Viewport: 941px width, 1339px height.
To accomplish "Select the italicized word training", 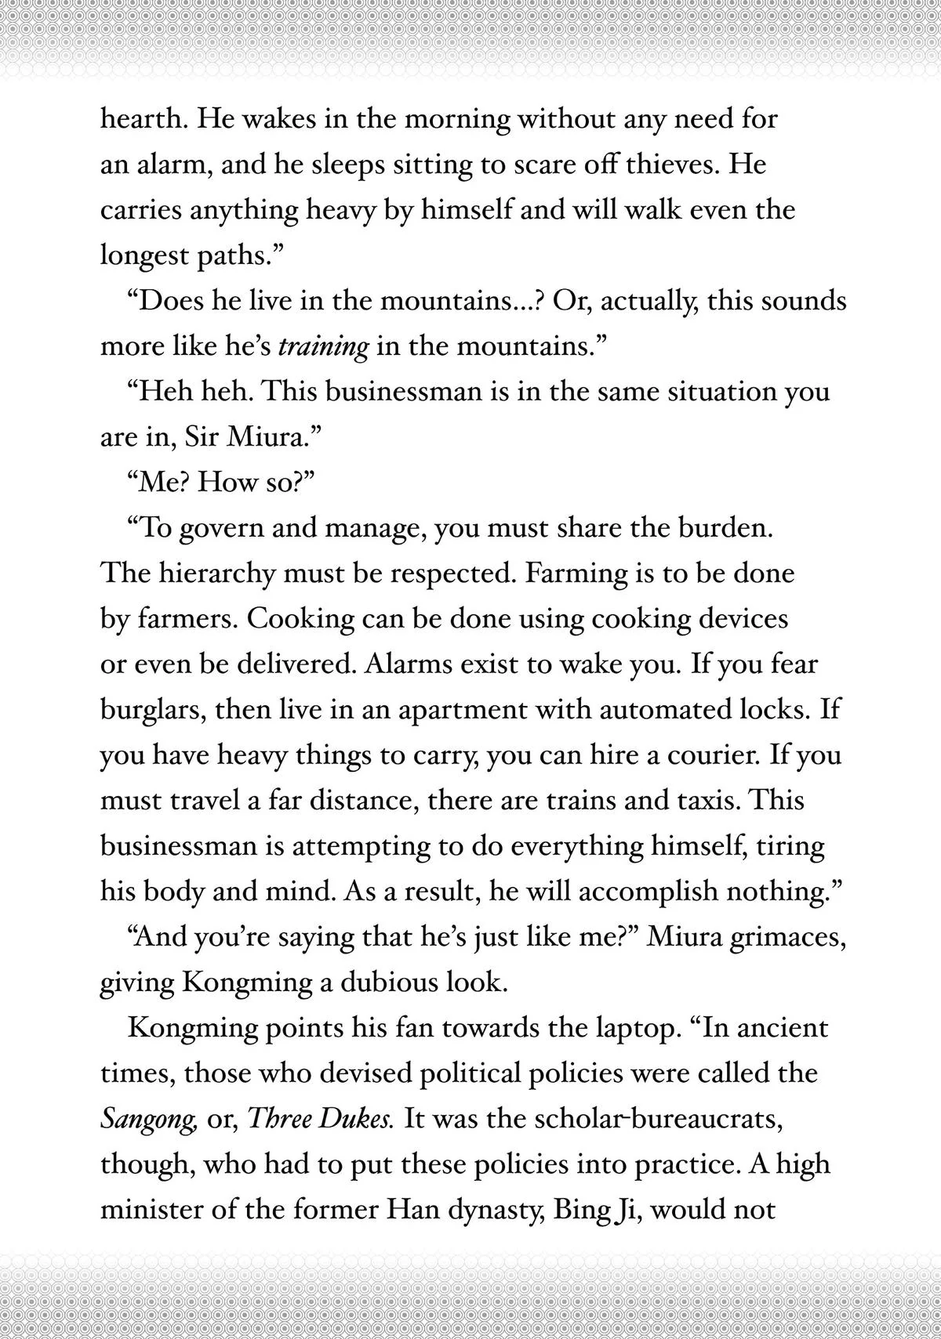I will click(323, 347).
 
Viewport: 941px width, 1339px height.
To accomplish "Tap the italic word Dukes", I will click(358, 1119).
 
